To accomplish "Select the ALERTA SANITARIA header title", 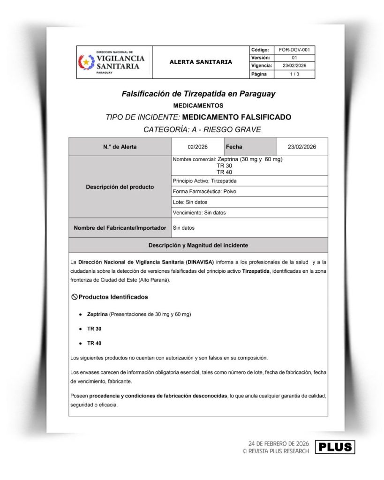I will [201, 62].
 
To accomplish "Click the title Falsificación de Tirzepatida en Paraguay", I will [198, 94].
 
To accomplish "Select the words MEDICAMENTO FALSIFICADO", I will [236, 117].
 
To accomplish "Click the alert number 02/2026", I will [197, 147].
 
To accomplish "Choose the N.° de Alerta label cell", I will [120, 147].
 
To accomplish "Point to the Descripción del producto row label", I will [120, 187].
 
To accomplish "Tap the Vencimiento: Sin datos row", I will [199, 212].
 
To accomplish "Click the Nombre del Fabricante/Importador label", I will [120, 228].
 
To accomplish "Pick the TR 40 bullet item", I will [94, 343].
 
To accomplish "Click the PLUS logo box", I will [335, 447].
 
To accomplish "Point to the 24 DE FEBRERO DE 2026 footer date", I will [279, 443].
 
